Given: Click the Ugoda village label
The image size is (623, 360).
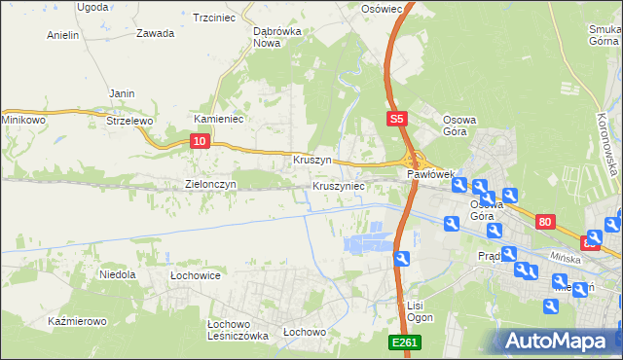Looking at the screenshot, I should [92, 7].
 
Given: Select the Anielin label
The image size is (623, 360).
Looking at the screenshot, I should [63, 35].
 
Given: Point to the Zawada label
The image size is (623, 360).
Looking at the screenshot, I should [156, 33].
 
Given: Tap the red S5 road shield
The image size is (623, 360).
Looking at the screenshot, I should [396, 120].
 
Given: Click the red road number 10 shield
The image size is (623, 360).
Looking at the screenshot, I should [199, 142].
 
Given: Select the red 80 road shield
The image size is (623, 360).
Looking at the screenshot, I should [545, 223].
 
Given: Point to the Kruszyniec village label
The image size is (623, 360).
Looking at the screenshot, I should [339, 185].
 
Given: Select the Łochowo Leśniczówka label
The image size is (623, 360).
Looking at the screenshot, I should [238, 330].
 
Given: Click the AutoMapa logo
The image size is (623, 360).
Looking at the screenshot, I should [559, 341].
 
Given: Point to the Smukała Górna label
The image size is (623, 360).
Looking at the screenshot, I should [605, 35].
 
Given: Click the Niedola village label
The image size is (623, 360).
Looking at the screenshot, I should [117, 275].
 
